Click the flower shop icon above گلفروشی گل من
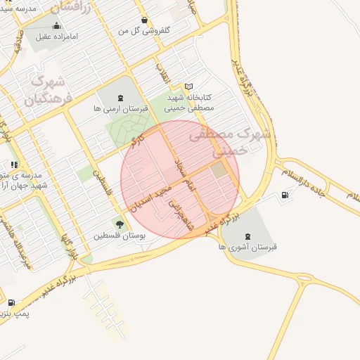point(144,20)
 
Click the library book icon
point(188,86)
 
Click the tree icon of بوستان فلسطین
point(120,225)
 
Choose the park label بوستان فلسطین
point(120,236)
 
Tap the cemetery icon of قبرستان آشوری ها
point(247,236)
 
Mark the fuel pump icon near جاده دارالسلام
point(285,195)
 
